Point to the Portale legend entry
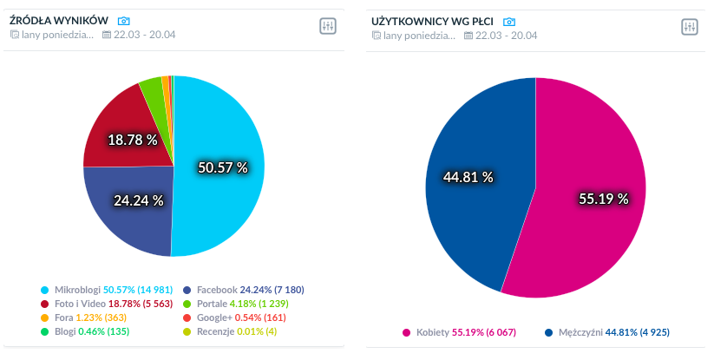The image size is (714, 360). (x=235, y=304)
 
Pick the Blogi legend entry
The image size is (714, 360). (x=83, y=331)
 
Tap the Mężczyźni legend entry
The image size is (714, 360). (x=607, y=332)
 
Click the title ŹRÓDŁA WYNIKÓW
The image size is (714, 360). (x=58, y=20)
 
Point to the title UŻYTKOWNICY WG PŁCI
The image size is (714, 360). (x=431, y=20)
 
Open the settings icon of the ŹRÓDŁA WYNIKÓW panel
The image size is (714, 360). (x=328, y=27)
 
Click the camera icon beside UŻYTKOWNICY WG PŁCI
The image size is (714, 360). (x=509, y=21)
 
